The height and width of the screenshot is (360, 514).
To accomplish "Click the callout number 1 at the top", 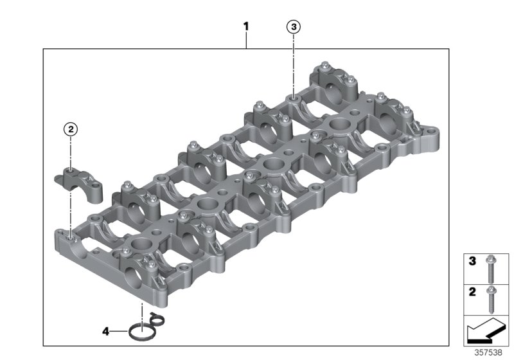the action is pyautogui.click(x=246, y=26).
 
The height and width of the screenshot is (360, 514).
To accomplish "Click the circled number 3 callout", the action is pyautogui.click(x=294, y=26).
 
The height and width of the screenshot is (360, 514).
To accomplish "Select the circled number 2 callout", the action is pyautogui.click(x=71, y=129).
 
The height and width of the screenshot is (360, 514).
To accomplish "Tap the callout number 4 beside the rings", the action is pyautogui.click(x=105, y=332).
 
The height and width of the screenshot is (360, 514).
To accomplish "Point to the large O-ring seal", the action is pyautogui.click(x=129, y=332).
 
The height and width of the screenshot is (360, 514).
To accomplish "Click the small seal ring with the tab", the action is pyautogui.click(x=157, y=319).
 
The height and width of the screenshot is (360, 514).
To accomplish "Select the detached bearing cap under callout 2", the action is pyautogui.click(x=78, y=183).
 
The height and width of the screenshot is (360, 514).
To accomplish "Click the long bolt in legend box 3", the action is pyautogui.click(x=491, y=269).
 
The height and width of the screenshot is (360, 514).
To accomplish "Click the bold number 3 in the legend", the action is pyautogui.click(x=472, y=261).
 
